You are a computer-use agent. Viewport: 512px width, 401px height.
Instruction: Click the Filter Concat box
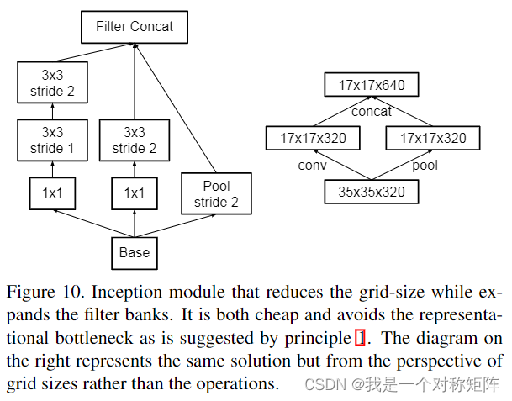[x=135, y=27]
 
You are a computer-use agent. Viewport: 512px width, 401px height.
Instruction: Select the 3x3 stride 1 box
[x=52, y=140]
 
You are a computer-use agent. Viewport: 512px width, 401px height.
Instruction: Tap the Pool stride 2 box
[x=215, y=193]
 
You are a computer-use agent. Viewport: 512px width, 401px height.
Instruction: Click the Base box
[x=135, y=251]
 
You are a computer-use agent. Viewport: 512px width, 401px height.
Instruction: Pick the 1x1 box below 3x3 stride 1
[x=52, y=193]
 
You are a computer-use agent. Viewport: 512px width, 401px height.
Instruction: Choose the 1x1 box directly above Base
[x=135, y=193]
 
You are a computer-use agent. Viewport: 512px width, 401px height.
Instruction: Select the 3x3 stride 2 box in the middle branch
[x=135, y=140]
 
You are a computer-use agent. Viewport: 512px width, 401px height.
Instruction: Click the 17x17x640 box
[x=371, y=85]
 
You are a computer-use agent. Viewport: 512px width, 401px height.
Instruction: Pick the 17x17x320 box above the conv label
[x=312, y=138]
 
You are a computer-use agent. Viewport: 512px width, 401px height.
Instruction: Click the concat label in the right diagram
[x=372, y=111]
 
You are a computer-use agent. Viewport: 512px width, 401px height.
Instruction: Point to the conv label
[x=312, y=166]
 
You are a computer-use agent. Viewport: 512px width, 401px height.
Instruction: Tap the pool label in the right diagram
[x=425, y=166]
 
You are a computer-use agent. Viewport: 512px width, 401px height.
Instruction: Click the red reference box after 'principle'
[x=361, y=338]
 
